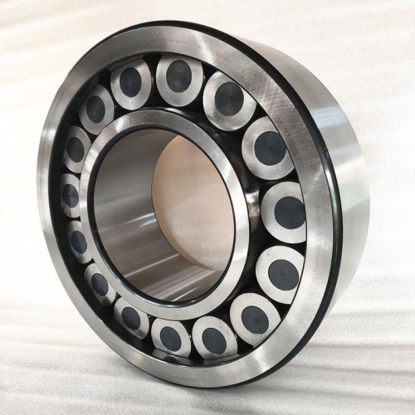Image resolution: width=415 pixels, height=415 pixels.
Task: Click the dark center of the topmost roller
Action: [x=178, y=77]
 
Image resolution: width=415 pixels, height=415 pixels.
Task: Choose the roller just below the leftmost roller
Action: [x=79, y=242]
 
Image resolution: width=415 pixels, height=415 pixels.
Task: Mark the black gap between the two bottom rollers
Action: [x=191, y=342]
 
